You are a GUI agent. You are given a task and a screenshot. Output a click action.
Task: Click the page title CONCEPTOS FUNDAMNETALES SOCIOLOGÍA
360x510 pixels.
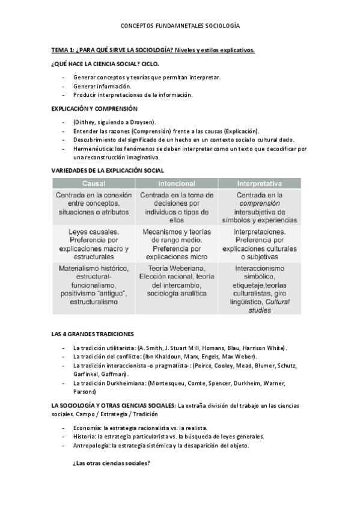tap(180, 26)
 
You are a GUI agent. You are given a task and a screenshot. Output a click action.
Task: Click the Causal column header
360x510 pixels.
tap(94, 183)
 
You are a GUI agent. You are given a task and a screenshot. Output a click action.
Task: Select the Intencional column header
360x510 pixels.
tap(176, 183)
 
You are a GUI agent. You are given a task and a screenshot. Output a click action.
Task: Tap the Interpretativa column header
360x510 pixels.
tap(260, 183)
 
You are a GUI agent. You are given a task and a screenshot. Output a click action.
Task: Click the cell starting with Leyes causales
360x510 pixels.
tap(94, 244)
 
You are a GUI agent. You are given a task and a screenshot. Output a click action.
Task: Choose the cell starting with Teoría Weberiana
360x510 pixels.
tap(176, 280)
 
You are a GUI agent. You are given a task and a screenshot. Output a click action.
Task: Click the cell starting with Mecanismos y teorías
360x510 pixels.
tap(176, 244)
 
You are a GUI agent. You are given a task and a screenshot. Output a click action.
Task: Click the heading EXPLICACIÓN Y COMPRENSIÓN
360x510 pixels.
tap(94, 109)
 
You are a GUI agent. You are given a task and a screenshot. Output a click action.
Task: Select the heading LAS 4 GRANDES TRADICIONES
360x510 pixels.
tap(93, 333)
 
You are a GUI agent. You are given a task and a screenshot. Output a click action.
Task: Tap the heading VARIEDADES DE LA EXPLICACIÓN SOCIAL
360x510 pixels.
tap(108, 171)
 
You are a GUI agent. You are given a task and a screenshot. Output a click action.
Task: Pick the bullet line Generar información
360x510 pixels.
tap(102, 86)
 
